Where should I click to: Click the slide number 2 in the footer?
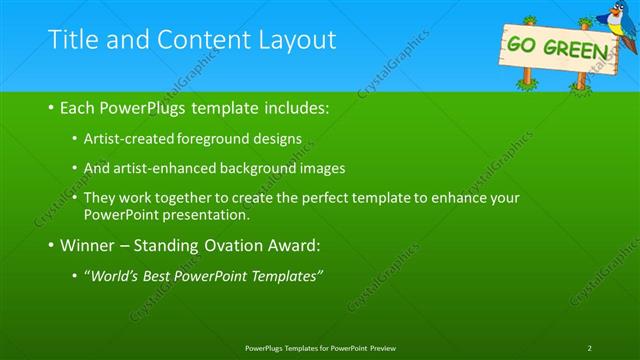pyautogui.click(x=589, y=347)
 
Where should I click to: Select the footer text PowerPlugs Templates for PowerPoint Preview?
pyautogui.click(x=319, y=347)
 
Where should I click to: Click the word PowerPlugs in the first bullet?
pyautogui.click(x=143, y=107)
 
